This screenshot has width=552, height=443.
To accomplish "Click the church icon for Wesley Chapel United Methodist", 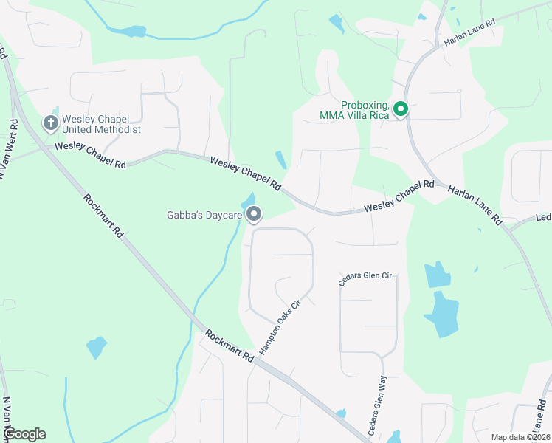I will click(50, 123).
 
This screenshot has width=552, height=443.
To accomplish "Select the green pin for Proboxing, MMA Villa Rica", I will click(401, 109).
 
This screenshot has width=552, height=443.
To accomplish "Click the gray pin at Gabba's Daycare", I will click(255, 215).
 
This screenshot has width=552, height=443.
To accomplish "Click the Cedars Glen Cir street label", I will click(365, 277).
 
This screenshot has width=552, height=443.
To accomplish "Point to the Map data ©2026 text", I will click(520, 437).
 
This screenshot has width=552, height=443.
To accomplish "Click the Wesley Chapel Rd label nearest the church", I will click(90, 156).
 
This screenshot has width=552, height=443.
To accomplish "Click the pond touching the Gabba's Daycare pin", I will click(248, 200).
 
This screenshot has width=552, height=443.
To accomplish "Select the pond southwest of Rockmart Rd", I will click(97, 346).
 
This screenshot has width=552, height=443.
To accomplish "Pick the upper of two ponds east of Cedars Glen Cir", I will click(437, 275).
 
